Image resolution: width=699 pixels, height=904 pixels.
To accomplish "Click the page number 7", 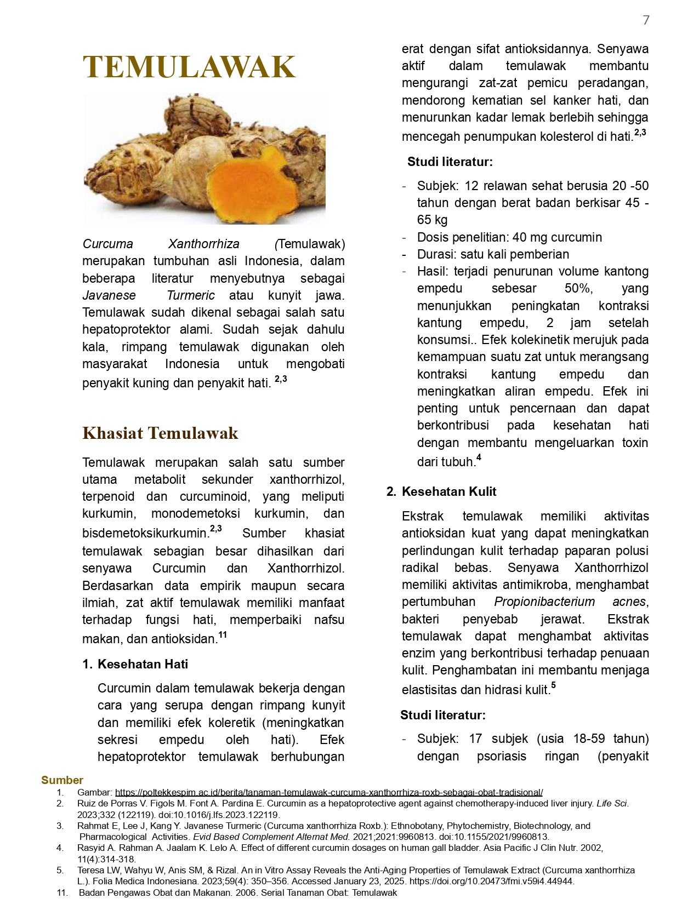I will tap(646, 20).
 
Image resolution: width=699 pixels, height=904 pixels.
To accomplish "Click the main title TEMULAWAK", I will tap(189, 67).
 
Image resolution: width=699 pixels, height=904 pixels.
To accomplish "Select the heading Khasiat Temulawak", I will tap(160, 433).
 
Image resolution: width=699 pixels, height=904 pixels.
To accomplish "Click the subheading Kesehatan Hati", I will tap(143, 664).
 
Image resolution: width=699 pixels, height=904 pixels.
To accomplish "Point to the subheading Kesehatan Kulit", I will tap(448, 491).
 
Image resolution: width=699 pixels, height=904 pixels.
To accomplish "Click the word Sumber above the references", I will tap(62, 780).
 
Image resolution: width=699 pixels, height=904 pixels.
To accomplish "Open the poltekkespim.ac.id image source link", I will tap(329, 792).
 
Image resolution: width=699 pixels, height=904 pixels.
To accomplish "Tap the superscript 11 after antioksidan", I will tap(223, 636).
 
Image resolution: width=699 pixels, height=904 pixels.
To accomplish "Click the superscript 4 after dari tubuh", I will tap(479, 457).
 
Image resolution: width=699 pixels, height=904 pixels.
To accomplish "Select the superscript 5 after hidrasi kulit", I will tap(554, 685).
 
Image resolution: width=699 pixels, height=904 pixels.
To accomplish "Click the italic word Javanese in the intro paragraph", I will tap(109, 295).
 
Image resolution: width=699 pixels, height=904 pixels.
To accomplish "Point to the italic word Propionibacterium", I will tap(544, 602).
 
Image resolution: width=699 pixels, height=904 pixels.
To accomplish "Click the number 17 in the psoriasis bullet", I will tap(475, 739).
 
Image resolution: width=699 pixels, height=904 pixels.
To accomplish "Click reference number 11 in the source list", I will tap(62, 892).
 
